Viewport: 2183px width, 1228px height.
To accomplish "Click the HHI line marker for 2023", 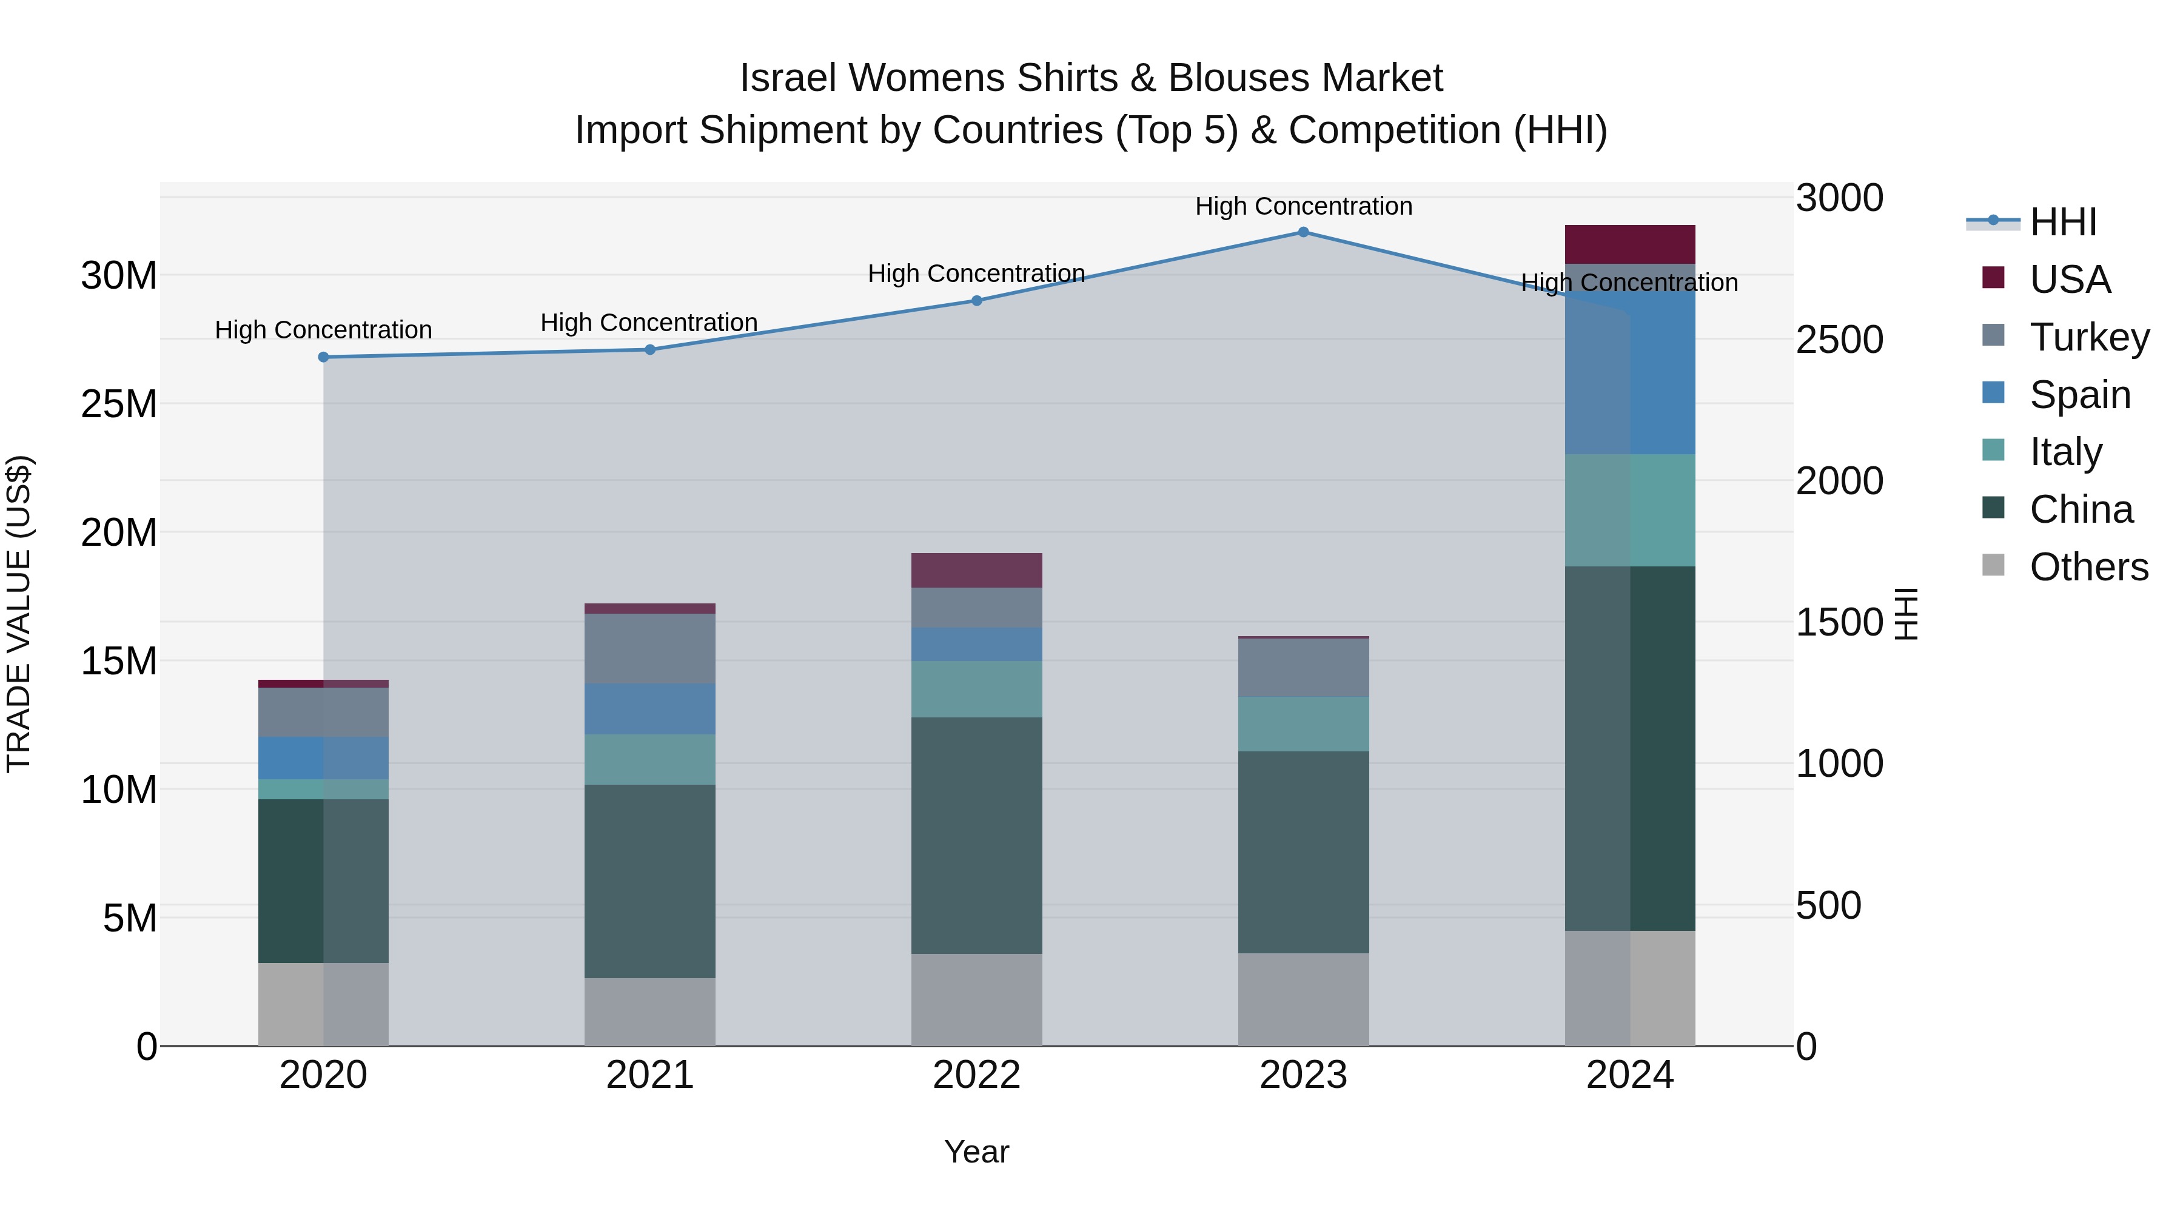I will [1303, 232].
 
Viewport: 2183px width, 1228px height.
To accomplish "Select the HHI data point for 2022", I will [976, 301].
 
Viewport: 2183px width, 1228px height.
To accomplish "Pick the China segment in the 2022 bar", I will [976, 835].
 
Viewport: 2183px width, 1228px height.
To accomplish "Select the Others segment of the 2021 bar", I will [650, 1012].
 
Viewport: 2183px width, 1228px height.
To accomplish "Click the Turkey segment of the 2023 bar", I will [1303, 668].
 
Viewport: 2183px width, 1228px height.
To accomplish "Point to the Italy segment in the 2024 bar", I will [1629, 510].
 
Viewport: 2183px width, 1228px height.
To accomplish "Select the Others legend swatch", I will [1993, 565].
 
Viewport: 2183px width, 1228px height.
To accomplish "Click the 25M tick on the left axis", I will [119, 404].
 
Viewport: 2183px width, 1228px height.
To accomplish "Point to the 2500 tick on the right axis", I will [1839, 340].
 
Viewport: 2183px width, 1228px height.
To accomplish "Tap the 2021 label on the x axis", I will [650, 1075].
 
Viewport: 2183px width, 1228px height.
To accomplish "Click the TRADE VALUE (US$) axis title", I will [19, 614].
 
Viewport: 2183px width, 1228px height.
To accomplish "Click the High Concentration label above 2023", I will [1303, 206].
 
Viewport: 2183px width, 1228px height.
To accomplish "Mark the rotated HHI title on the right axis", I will [1905, 614].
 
